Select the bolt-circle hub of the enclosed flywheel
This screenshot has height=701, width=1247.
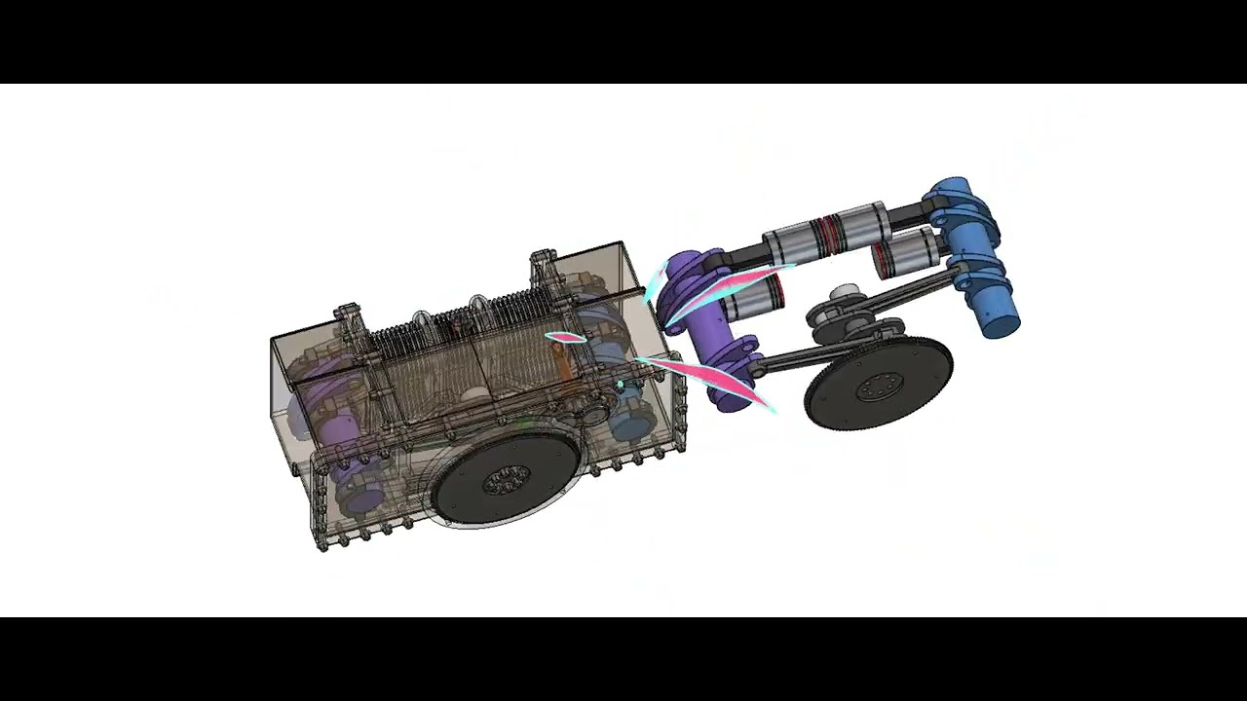505,480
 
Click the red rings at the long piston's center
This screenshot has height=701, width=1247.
828,232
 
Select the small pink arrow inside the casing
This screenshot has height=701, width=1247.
565,338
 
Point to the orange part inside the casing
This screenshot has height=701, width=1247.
564,360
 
